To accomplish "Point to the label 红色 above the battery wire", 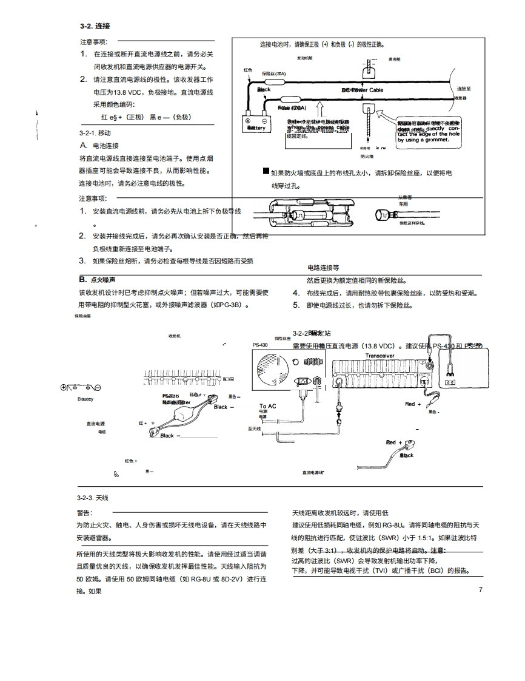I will click(x=247, y=70).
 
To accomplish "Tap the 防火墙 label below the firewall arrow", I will click(x=366, y=155).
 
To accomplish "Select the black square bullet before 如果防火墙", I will click(x=266, y=172).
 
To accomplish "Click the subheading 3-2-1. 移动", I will click(x=95, y=132).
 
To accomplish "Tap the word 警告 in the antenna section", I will click(x=84, y=513).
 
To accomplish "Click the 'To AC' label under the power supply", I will click(x=267, y=406).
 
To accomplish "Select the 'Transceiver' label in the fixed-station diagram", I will click(x=380, y=356).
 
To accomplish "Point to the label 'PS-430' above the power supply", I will click(x=260, y=345).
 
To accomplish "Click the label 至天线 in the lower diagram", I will click(x=254, y=428).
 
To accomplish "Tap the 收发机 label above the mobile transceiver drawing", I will click(x=175, y=336).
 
